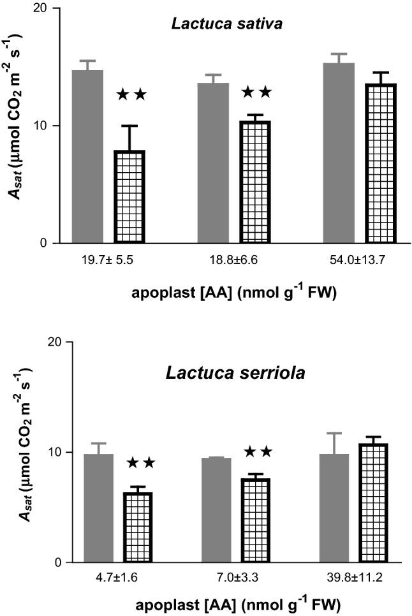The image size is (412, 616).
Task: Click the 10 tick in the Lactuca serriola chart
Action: click(55, 452)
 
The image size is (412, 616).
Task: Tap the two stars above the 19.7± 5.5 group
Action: click(131, 95)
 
